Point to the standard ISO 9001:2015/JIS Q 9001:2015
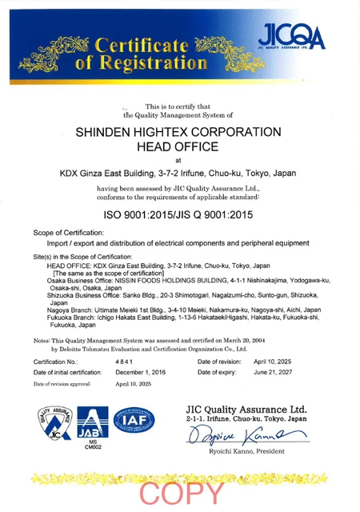(178, 215)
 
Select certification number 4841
(126, 362)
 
